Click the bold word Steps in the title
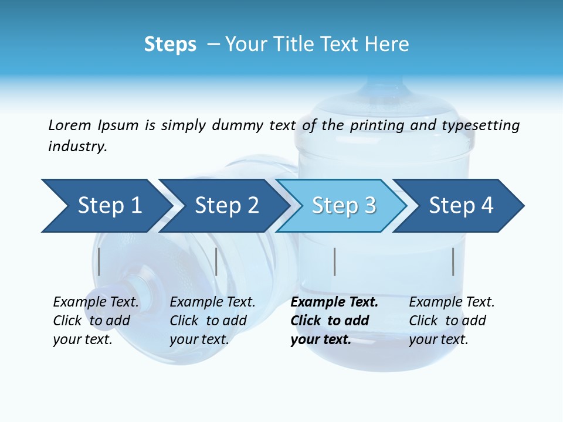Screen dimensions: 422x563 (170, 45)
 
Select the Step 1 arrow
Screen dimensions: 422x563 (106, 206)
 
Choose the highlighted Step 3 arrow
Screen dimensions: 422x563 (343, 206)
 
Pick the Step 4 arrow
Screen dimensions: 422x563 (460, 206)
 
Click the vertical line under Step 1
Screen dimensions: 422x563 (99, 261)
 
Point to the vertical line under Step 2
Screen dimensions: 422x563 (216, 261)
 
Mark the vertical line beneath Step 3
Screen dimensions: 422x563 (334, 261)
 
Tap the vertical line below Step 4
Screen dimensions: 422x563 (453, 261)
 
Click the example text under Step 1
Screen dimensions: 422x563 (96, 321)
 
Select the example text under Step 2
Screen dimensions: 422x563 (212, 321)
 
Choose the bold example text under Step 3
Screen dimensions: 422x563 (334, 321)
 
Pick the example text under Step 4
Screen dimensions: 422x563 (452, 321)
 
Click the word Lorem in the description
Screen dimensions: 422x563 (70, 125)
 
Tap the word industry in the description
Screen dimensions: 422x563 (77, 147)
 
